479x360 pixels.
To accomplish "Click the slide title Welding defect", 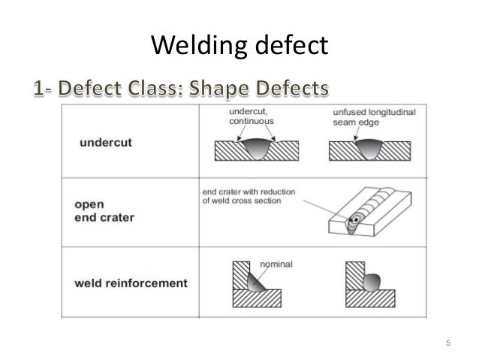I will click(x=239, y=47).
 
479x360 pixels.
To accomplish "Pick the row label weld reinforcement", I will click(x=131, y=283).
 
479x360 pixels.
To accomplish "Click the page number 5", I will click(x=447, y=344).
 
